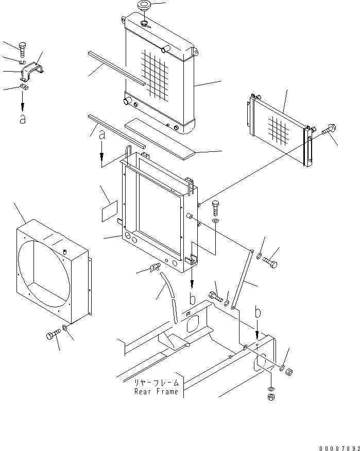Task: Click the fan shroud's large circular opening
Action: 44,273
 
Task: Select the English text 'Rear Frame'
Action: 156,391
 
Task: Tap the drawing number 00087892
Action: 339,448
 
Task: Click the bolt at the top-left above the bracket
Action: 23,49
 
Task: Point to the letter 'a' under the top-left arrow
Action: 23,119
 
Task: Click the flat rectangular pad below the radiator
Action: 160,138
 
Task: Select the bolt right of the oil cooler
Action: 329,129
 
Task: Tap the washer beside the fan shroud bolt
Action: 65,327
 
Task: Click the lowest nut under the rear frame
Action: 271,397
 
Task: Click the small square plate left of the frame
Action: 110,212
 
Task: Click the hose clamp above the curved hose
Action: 155,268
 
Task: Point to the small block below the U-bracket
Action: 24,87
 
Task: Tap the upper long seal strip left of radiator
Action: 117,68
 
